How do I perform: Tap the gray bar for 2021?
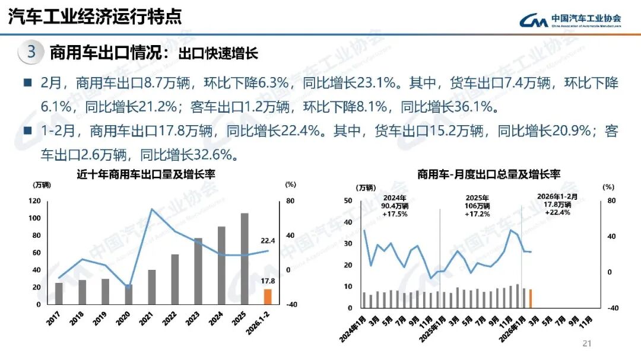click(151, 287)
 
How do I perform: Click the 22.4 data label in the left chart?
click(268, 241)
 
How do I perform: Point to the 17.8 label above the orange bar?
click(268, 281)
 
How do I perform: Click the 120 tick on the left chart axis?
click(34, 201)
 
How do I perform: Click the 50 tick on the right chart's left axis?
click(348, 201)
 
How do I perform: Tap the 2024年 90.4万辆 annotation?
click(395, 206)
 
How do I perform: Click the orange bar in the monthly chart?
click(531, 299)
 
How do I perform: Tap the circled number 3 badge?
click(31, 52)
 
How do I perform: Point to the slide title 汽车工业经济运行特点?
click(95, 17)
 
